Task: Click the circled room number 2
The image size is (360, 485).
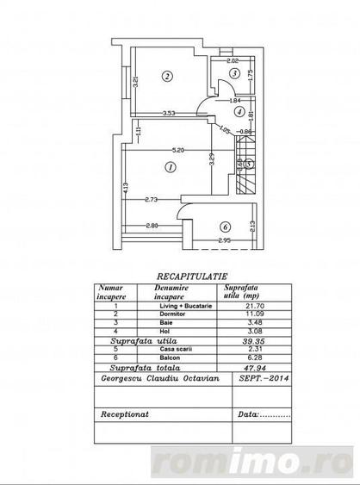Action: click(x=165, y=76)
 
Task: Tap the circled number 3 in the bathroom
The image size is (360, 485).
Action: click(x=233, y=74)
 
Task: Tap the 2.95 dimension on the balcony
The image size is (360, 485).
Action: click(x=224, y=239)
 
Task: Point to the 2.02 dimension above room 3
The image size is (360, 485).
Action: click(x=232, y=61)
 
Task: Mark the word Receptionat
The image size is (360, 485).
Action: click(x=124, y=413)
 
